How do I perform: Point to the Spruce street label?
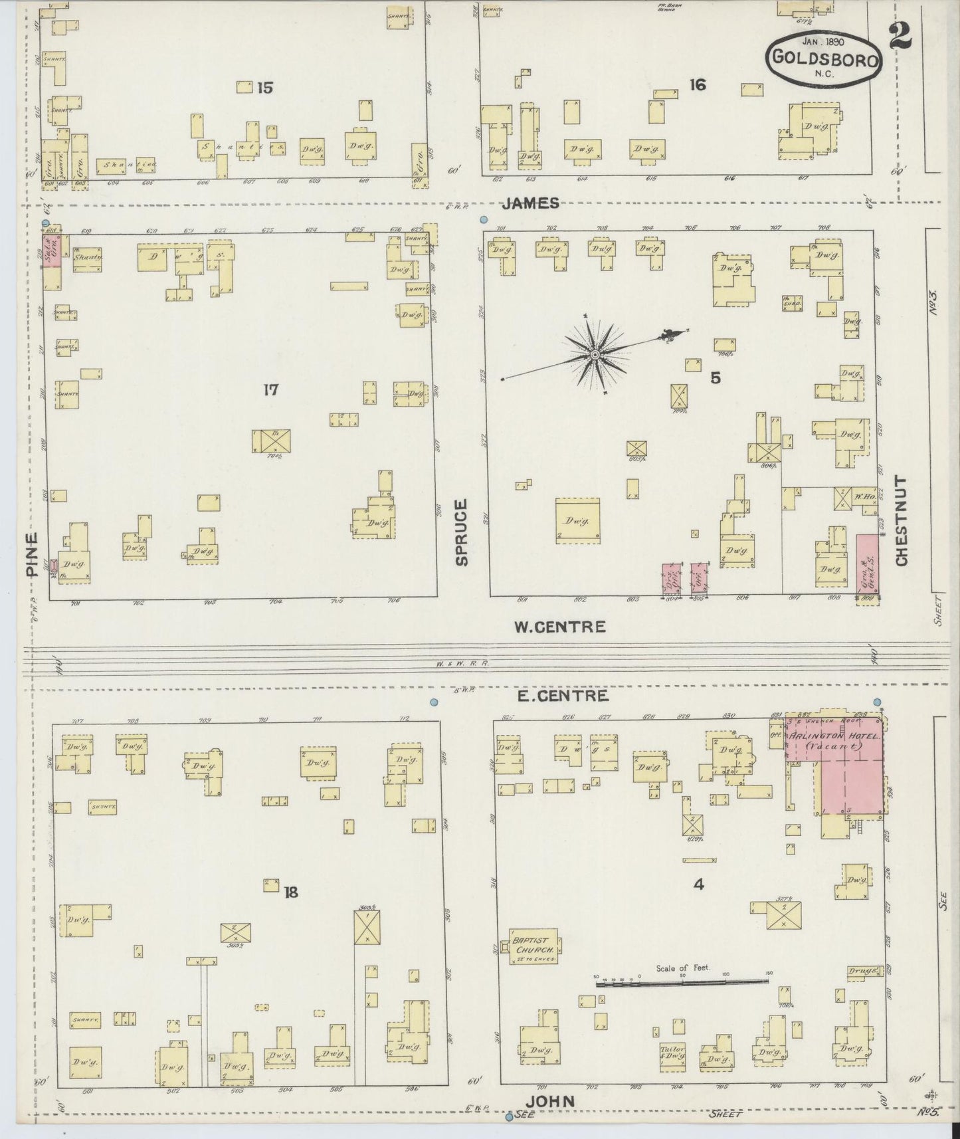coord(462,532)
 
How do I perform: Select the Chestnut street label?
coord(902,520)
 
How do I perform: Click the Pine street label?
coord(31,554)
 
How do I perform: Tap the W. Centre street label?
coord(560,626)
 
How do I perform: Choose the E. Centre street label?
coord(562,696)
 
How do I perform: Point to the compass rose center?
coord(596,356)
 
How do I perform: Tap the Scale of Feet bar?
coord(681,980)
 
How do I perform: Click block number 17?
coord(270,389)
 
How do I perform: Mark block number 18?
coord(291,892)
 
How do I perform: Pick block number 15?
coord(265,88)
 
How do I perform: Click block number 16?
coord(698,85)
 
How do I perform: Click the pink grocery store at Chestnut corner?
coord(867,564)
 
